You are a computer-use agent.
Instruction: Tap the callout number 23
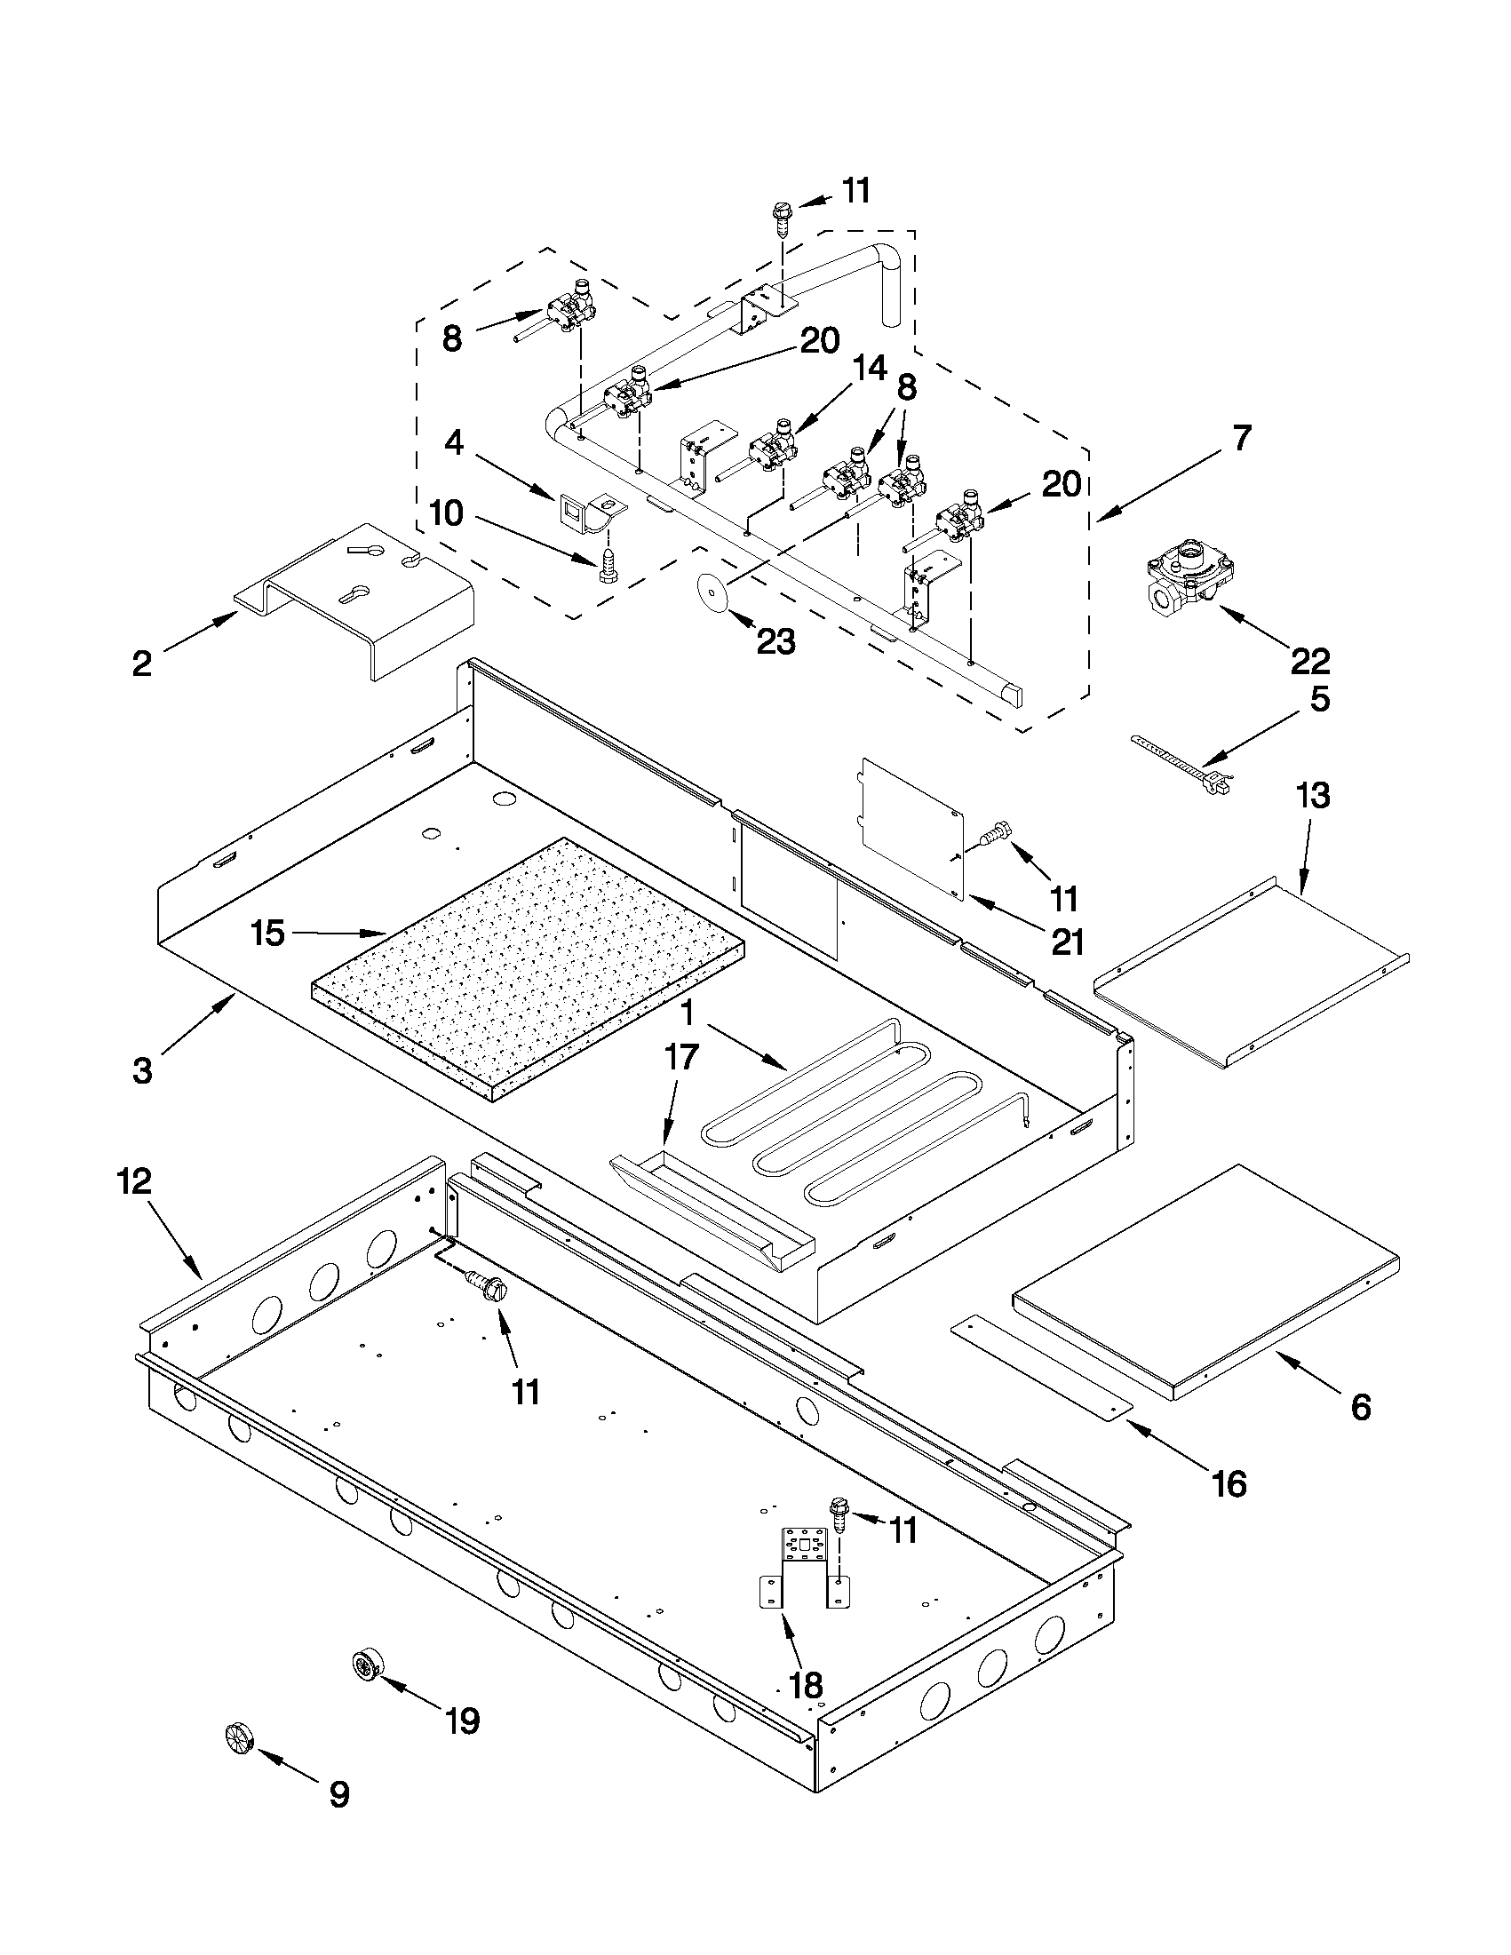pyautogui.click(x=775, y=641)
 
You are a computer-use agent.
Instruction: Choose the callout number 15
pyautogui.click(x=267, y=933)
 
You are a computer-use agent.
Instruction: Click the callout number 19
pyautogui.click(x=462, y=1720)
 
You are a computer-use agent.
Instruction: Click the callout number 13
pyautogui.click(x=1312, y=795)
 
